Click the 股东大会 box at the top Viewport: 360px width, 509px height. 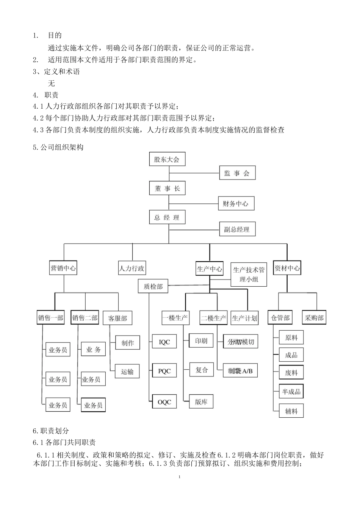click(x=167, y=159)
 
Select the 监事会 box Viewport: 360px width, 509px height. click(x=237, y=173)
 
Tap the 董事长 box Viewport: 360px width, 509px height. click(x=167, y=188)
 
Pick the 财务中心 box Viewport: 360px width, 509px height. click(x=236, y=203)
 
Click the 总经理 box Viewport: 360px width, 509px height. click(x=167, y=218)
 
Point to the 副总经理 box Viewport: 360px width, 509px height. click(x=237, y=229)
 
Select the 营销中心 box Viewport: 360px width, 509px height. click(x=63, y=269)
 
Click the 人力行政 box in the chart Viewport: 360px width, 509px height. click(x=131, y=269)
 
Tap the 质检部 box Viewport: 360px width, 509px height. click(x=153, y=287)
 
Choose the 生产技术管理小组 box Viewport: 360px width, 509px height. click(x=249, y=274)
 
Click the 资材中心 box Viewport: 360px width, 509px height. click(x=287, y=269)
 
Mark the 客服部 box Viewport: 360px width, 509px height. click(x=117, y=318)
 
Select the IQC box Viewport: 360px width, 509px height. click(x=164, y=342)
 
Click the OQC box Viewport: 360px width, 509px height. click(x=164, y=402)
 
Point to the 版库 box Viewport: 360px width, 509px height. click(x=201, y=402)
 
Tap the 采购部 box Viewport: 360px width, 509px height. click(x=314, y=318)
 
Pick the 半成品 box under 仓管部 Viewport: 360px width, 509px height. click(x=291, y=392)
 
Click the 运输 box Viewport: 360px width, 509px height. click(x=127, y=372)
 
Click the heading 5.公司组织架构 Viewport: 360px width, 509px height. click(x=58, y=147)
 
